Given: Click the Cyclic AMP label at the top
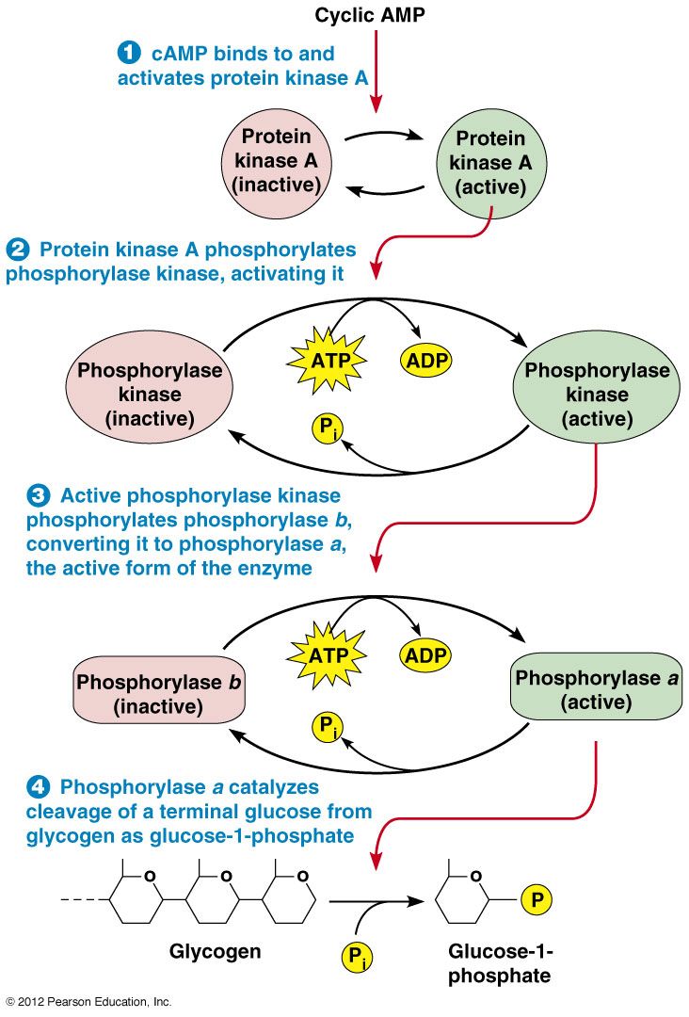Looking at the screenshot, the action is (x=370, y=15).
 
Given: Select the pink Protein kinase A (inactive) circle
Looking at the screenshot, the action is (x=277, y=162).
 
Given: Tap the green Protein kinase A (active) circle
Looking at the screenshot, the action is (x=490, y=163).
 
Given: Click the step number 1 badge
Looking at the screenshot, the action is (x=128, y=53).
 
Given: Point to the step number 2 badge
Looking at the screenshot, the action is (x=18, y=249).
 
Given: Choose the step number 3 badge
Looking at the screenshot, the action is (x=39, y=495).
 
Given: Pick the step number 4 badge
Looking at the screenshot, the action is (x=39, y=786).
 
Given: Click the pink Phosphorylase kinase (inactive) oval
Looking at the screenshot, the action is (x=149, y=394).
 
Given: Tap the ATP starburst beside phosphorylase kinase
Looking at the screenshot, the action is (x=328, y=360).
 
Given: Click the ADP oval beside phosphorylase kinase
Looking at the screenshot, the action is (x=426, y=361).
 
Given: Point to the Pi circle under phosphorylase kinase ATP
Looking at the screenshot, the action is (x=328, y=428).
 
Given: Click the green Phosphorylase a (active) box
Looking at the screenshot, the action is (x=597, y=686).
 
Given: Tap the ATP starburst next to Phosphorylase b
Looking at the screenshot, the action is (x=328, y=654).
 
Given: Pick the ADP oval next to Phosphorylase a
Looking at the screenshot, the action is (x=425, y=654).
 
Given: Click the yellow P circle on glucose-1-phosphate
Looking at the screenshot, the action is (x=537, y=899).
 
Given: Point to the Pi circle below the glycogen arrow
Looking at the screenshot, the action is (x=357, y=957).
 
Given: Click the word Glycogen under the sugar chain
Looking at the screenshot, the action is (x=215, y=952).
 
